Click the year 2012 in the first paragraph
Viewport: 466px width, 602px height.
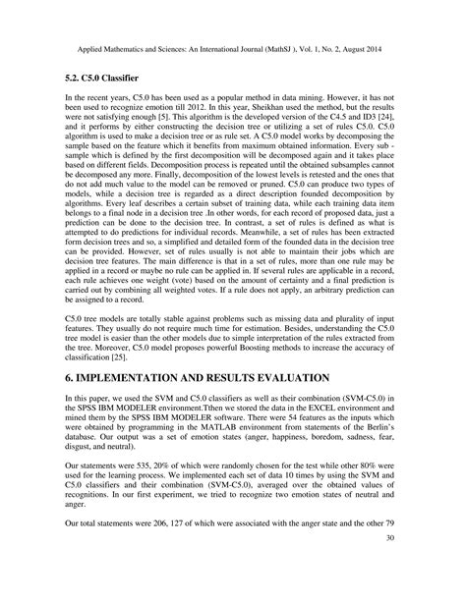(x=192, y=111)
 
